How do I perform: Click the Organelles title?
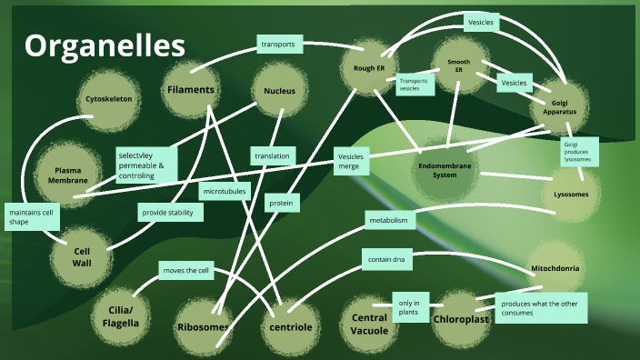(x=105, y=46)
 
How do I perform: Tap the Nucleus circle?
(x=279, y=92)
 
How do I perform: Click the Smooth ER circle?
(x=458, y=65)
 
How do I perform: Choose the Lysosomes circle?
(x=571, y=195)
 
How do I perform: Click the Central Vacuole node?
(x=369, y=323)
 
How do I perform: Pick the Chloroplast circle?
(x=462, y=319)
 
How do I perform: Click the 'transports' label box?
(x=278, y=44)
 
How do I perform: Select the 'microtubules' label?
(x=225, y=191)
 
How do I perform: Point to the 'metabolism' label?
(x=392, y=220)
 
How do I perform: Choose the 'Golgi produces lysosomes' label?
(x=578, y=152)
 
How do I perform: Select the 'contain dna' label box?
(x=387, y=260)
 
